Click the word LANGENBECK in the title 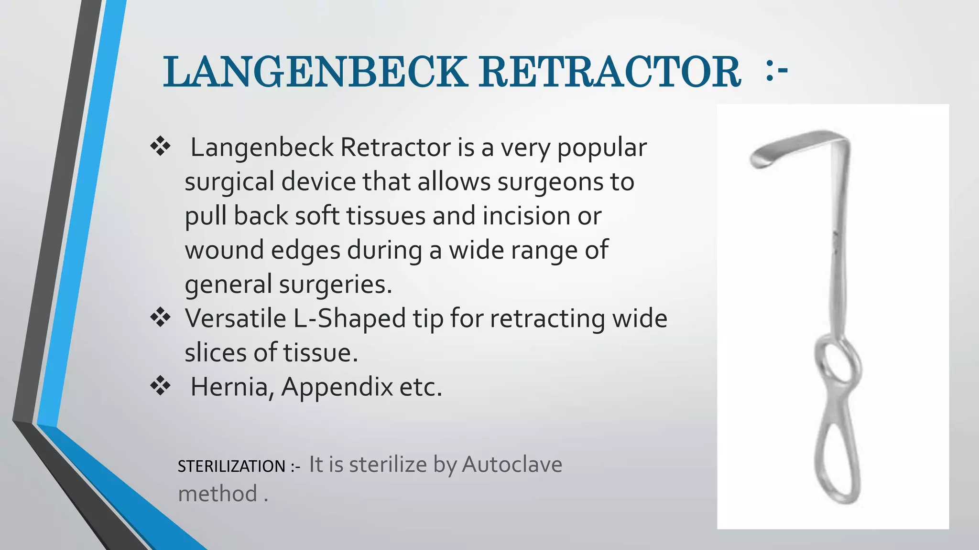315,72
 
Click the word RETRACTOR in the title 610,72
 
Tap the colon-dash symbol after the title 776,72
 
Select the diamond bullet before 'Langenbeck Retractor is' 161,147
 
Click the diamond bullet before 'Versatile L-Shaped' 161,318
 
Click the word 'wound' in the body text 224,250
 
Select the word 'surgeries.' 336,285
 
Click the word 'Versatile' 236,318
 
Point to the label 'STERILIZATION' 231,466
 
